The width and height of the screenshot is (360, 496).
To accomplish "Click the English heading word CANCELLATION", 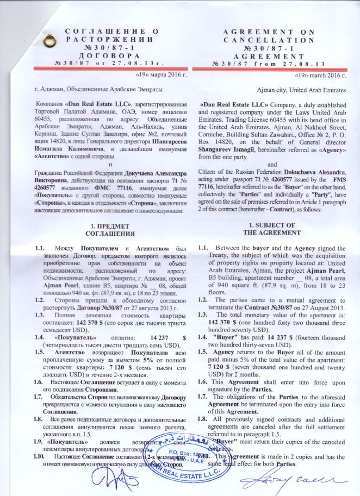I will (269, 40).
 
